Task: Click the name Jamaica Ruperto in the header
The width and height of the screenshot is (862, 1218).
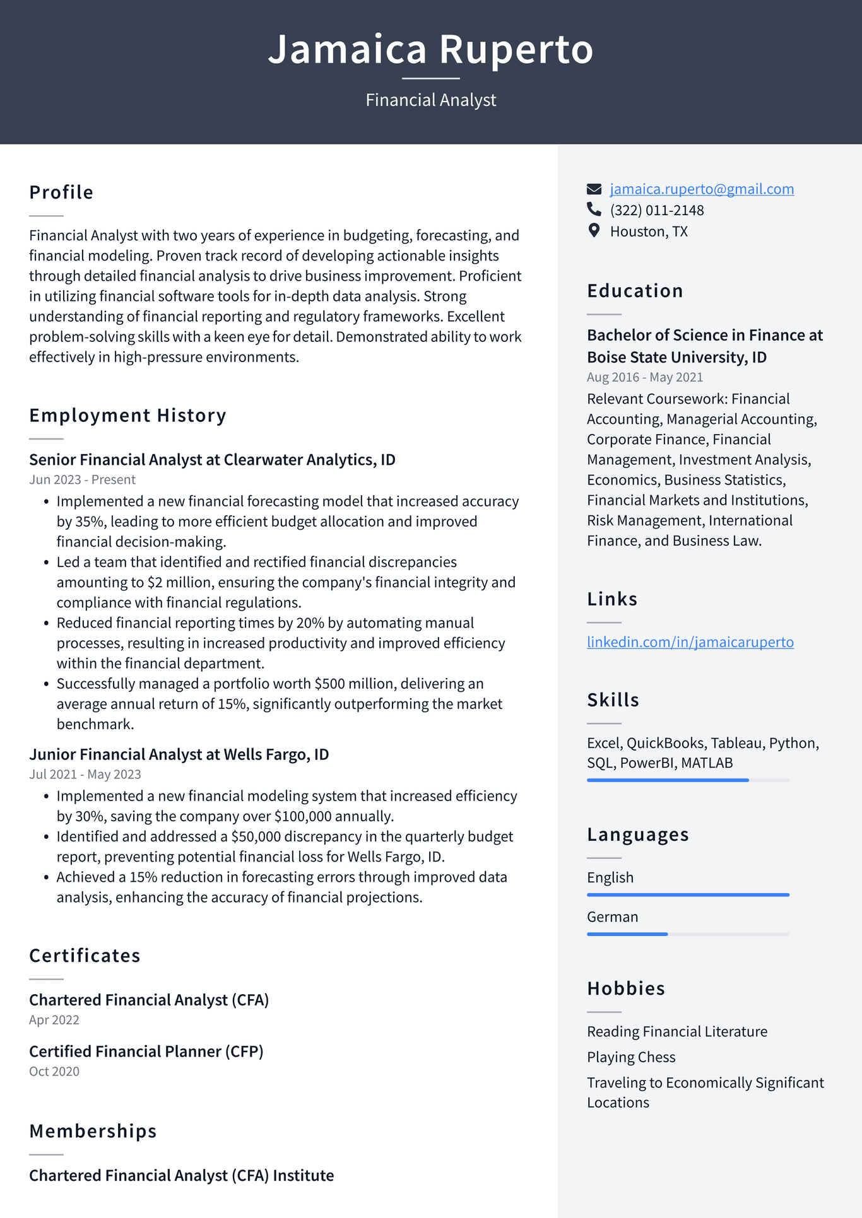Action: [x=430, y=49]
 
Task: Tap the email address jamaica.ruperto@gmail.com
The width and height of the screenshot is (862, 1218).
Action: [x=702, y=189]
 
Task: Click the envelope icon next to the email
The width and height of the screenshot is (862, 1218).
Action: [x=594, y=189]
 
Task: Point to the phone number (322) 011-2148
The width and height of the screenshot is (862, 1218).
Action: [x=656, y=211]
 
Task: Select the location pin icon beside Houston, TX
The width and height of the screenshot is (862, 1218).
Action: [x=594, y=231]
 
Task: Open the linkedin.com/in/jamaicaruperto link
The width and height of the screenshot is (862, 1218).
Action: [x=690, y=642]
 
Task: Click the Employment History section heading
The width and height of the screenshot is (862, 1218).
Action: [x=127, y=416]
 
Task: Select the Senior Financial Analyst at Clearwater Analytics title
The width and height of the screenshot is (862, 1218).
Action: [x=212, y=460]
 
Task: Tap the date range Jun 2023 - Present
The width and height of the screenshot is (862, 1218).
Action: [x=82, y=480]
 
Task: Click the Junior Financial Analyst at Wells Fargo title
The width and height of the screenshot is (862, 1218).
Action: [x=179, y=754]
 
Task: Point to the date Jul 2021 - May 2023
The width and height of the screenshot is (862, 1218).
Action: [x=85, y=775]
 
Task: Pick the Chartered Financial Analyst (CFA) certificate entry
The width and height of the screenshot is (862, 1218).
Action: [x=149, y=1000]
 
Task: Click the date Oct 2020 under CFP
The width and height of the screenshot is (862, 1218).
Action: [x=54, y=1072]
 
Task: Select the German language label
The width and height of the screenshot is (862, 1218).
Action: [x=612, y=917]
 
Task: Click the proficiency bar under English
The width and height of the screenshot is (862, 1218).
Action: [x=688, y=895]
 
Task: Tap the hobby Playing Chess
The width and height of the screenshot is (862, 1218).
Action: [x=631, y=1057]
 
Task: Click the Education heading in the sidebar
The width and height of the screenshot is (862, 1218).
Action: [x=635, y=291]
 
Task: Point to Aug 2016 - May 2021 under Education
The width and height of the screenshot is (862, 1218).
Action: [x=644, y=377]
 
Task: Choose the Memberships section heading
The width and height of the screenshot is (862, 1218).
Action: [x=93, y=1132]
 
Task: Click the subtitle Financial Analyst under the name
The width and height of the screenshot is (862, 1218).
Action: [x=430, y=100]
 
